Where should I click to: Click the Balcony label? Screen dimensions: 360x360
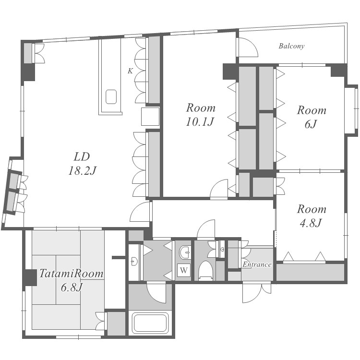pyautogui.click(x=291, y=46)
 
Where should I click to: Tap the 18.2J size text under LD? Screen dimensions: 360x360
pyautogui.click(x=82, y=171)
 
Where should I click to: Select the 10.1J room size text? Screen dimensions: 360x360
pyautogui.click(x=200, y=122)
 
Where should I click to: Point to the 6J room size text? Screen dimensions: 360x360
pyautogui.click(x=311, y=124)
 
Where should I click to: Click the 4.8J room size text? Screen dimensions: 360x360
pyautogui.click(x=311, y=223)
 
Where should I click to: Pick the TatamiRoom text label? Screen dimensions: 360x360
pyautogui.click(x=71, y=274)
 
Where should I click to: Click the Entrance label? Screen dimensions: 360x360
pyautogui.click(x=257, y=264)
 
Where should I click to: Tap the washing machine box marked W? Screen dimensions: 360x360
pyautogui.click(x=184, y=270)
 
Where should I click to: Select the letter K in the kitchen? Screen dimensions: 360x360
pyautogui.click(x=130, y=71)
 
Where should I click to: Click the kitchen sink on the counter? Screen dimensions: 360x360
pyautogui.click(x=111, y=96)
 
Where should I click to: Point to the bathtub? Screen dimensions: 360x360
pyautogui.click(x=150, y=323)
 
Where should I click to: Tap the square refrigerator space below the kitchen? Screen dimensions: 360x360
pyautogui.click(x=150, y=116)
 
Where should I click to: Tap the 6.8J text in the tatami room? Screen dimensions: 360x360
pyautogui.click(x=71, y=288)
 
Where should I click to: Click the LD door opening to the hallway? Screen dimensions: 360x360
pyautogui.click(x=140, y=212)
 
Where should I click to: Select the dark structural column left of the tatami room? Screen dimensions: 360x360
pyautogui.click(x=30, y=277)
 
